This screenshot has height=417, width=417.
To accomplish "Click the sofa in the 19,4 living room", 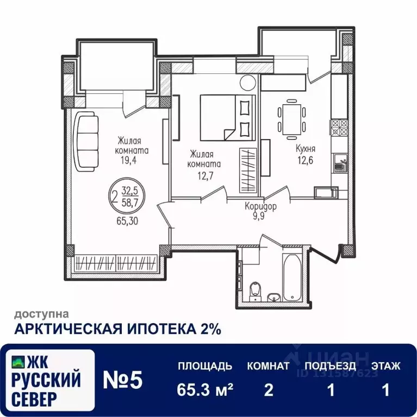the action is pyautogui.click(x=85, y=142).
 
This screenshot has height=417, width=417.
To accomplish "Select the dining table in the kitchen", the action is pyautogui.click(x=291, y=119).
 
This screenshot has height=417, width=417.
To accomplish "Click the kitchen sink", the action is pyautogui.click(x=340, y=162).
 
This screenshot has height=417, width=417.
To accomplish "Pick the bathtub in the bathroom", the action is pyautogui.click(x=292, y=278).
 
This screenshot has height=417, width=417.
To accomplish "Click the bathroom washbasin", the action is pyautogui.click(x=274, y=298).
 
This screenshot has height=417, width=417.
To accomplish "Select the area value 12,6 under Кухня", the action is pyautogui.click(x=306, y=160).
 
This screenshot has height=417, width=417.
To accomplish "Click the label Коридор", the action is pyautogui.click(x=260, y=206).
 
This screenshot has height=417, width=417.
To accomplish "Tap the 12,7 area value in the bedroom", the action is pyautogui.click(x=206, y=176).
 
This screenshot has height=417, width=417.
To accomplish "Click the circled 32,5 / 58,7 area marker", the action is pyautogui.click(x=127, y=196).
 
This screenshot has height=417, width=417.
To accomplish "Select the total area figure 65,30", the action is pyautogui.click(x=127, y=221).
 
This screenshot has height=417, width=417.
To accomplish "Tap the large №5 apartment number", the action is pyautogui.click(x=123, y=380).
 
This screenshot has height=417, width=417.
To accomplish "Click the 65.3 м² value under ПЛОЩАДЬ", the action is pyautogui.click(x=205, y=390).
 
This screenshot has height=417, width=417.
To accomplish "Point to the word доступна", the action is pyautogui.click(x=41, y=314).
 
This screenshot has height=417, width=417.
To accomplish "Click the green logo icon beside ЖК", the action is pyautogui.click(x=18, y=362).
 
